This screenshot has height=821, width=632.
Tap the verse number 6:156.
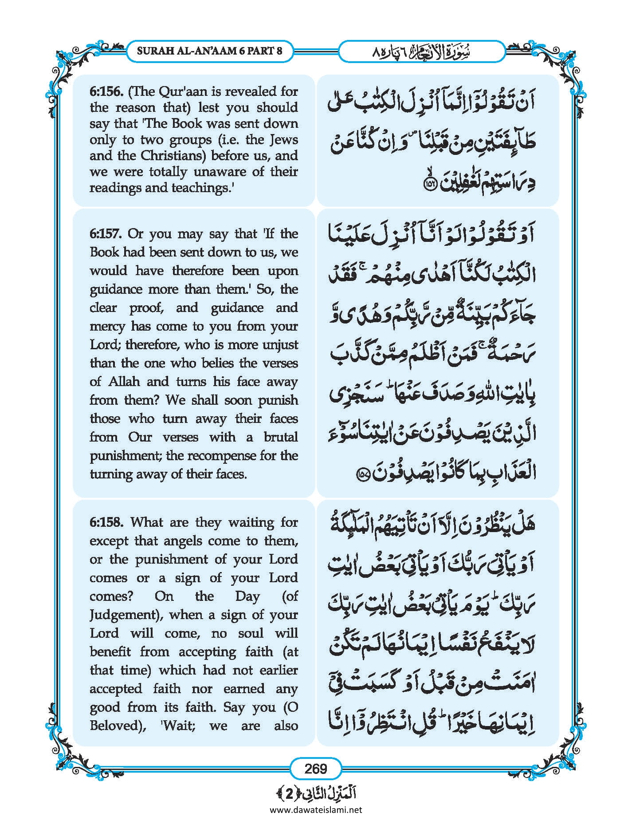(x=106, y=92)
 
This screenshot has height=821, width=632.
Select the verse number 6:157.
(x=106, y=234)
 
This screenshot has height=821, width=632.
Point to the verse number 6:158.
(x=106, y=522)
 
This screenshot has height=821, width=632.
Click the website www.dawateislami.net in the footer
(x=316, y=810)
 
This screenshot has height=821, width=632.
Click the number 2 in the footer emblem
(x=289, y=794)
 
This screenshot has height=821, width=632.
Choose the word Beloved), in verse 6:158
(x=118, y=726)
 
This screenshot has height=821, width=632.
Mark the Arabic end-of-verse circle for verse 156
(x=430, y=185)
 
